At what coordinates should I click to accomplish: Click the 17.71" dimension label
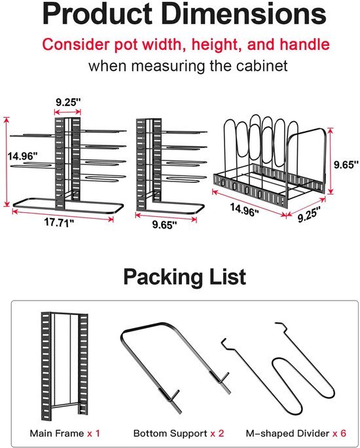[59, 222]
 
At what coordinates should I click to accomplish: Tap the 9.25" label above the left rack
[68, 102]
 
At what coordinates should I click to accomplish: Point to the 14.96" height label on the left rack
[22, 157]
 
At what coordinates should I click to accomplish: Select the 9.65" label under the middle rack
[164, 225]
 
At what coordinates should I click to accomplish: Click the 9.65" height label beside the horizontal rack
[346, 164]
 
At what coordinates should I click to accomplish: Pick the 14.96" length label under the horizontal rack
[245, 209]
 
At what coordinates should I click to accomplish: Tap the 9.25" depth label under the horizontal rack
[309, 214]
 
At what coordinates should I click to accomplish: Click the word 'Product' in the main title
[98, 14]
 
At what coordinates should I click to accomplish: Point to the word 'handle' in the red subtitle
[304, 45]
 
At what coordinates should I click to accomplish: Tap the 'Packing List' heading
[185, 276]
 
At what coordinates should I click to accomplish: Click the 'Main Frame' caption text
[57, 433]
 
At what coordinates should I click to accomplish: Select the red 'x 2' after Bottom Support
[217, 433]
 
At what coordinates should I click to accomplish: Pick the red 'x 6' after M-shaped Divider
[339, 433]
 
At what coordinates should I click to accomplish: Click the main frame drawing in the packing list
[46, 365]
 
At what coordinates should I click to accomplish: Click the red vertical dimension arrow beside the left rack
[7, 161]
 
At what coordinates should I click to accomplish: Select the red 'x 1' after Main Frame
[94, 433]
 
